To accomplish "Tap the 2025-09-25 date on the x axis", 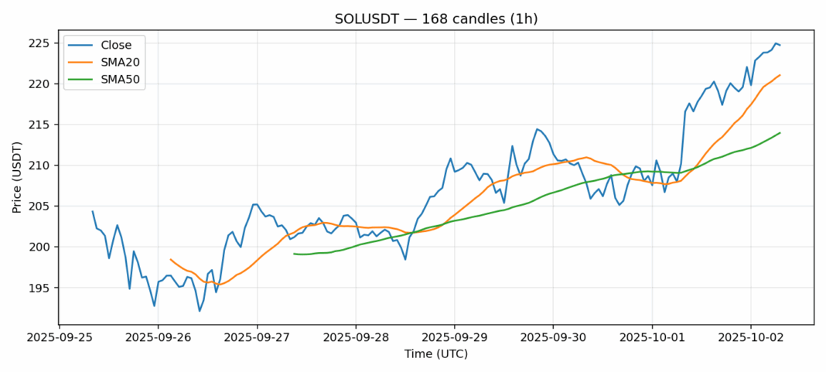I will (x=60, y=338).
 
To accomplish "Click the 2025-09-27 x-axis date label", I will (x=257, y=338).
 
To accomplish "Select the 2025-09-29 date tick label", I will (x=454, y=338).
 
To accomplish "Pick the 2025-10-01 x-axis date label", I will (x=651, y=338).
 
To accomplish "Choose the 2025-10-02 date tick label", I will (x=750, y=338).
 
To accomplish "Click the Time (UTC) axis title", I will (x=435, y=354).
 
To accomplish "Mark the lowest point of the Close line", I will (x=200, y=311).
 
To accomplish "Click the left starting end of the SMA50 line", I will (x=294, y=254).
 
